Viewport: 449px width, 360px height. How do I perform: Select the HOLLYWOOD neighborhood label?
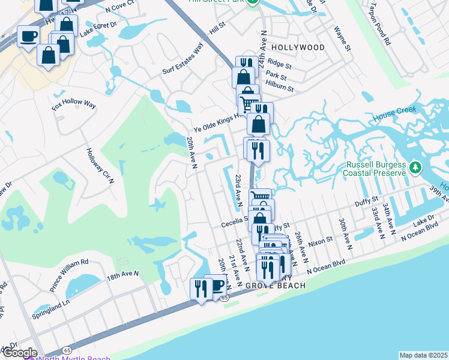(x=298, y=47)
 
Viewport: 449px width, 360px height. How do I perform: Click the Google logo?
(x=19, y=353)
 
